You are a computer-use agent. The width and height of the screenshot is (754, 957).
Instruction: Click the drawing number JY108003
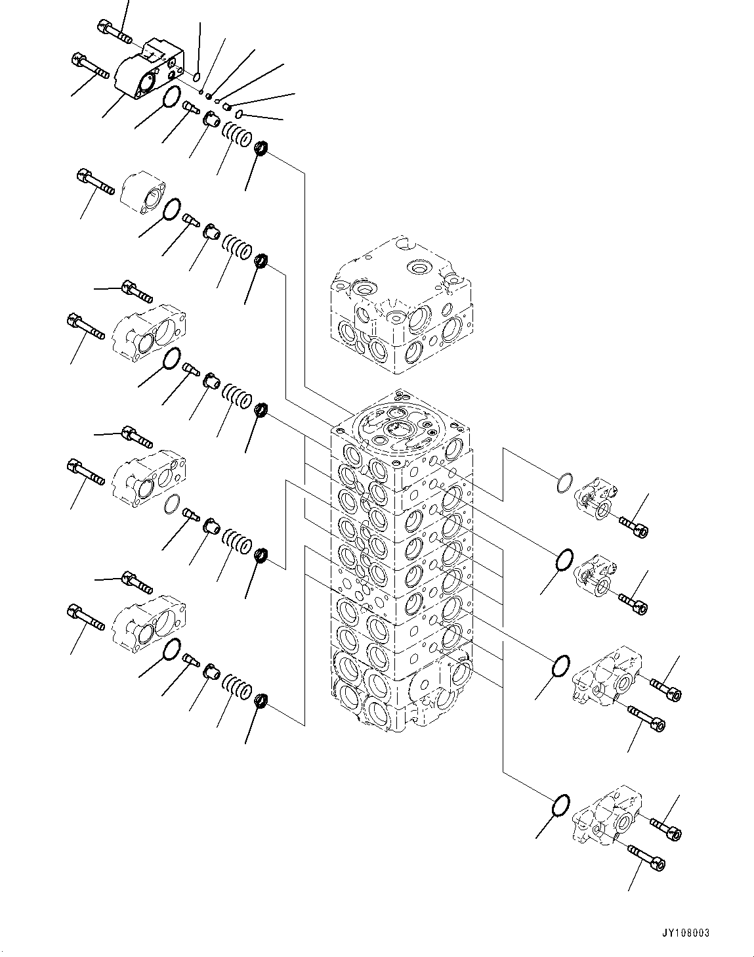pos(685,933)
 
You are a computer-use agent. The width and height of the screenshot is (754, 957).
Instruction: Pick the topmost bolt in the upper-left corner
pos(114,29)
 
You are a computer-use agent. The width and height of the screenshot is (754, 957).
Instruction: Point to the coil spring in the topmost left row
pos(237,134)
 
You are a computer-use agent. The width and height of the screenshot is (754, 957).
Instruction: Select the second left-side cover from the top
pos(144,191)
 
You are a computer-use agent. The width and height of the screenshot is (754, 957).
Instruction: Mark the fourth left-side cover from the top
pos(150,474)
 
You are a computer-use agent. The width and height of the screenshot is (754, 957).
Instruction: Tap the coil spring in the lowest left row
pos(237,684)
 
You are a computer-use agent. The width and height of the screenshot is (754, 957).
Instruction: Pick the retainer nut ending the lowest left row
pos(261,701)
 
